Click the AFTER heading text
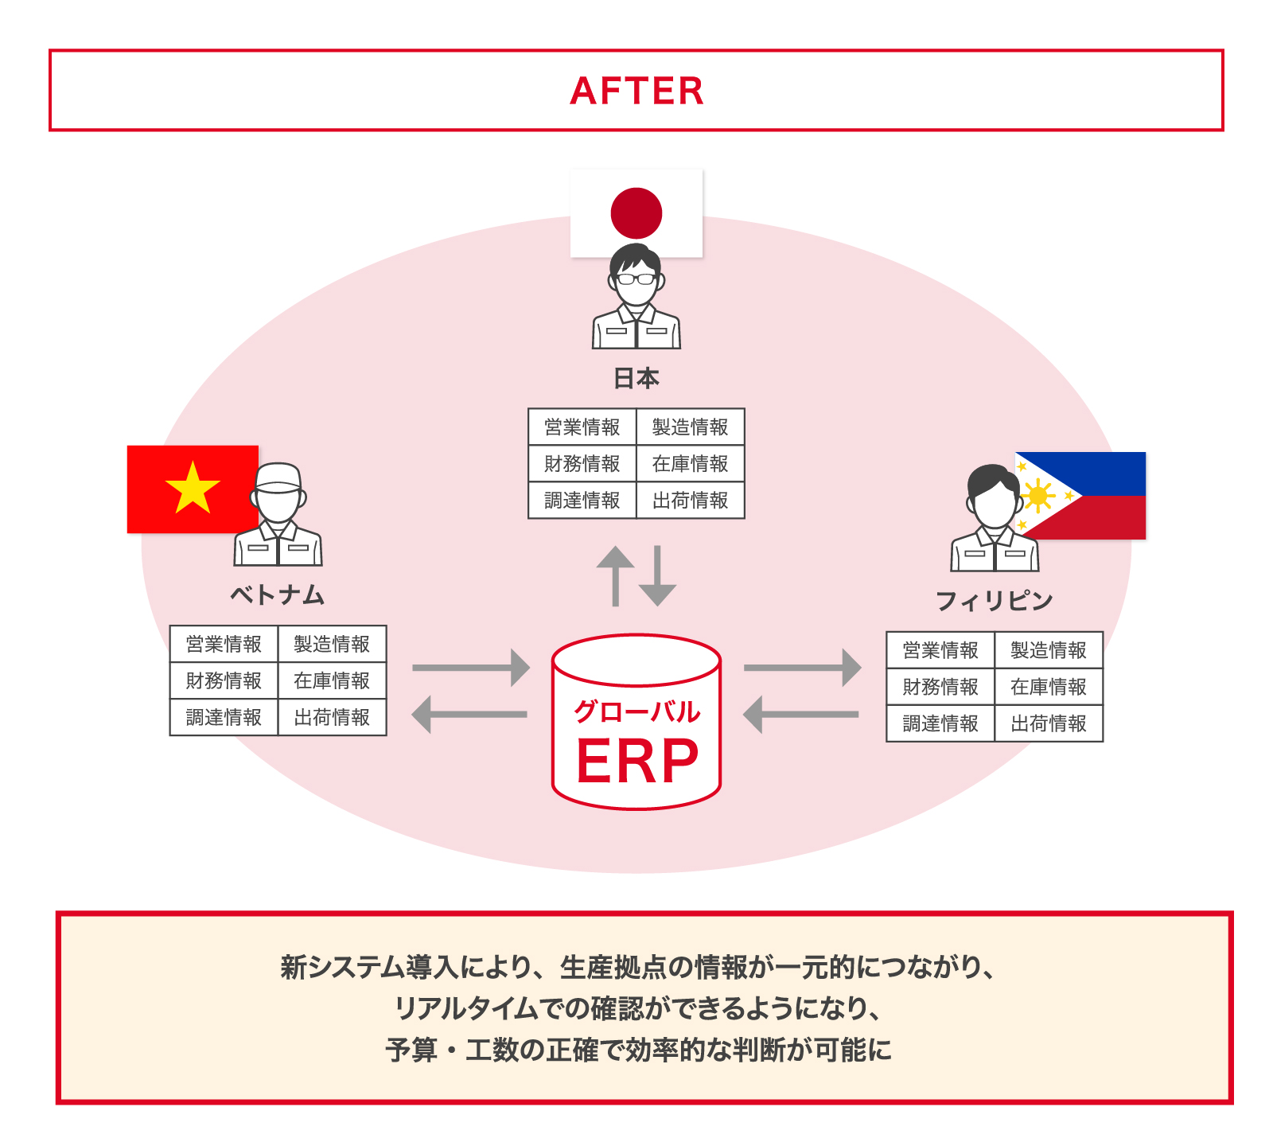(x=636, y=91)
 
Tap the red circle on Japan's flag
(x=636, y=212)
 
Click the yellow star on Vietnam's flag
(x=193, y=488)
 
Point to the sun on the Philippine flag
(x=1037, y=497)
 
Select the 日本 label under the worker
(x=636, y=378)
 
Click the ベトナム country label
(x=278, y=594)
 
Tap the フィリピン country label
(x=994, y=601)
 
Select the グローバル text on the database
(x=636, y=711)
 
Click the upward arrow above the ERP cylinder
(x=615, y=575)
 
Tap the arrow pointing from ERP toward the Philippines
(x=802, y=667)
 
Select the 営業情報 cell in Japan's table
(x=582, y=427)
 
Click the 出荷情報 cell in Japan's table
(x=690, y=501)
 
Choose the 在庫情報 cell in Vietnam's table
(x=332, y=680)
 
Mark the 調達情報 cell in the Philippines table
(x=940, y=723)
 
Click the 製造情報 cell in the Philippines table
(x=1048, y=650)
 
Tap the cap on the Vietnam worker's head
(x=278, y=477)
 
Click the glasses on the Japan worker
(x=636, y=279)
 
